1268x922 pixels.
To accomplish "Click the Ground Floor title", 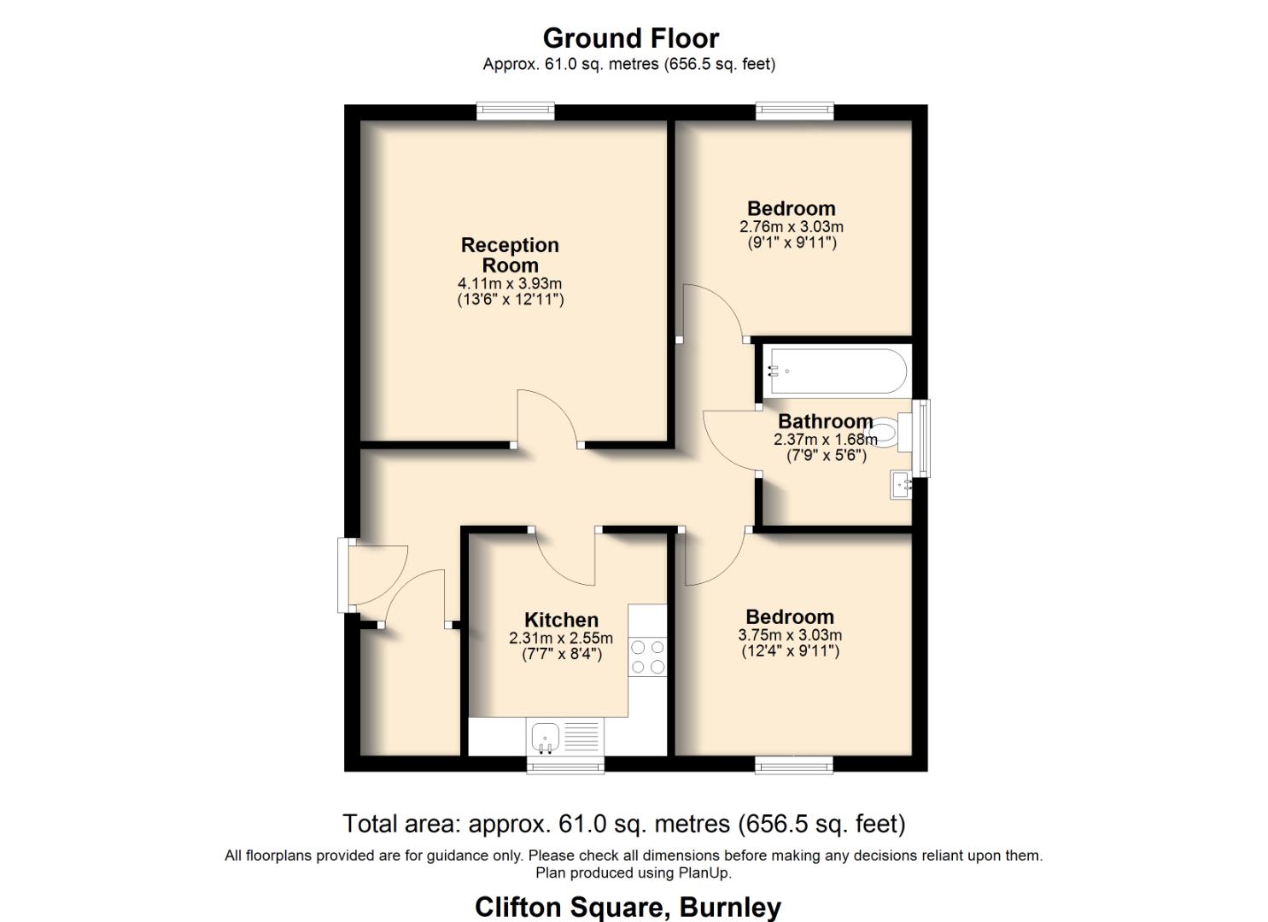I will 630,38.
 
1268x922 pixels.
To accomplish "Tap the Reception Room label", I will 510,255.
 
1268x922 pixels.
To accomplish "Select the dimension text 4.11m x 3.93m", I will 510,283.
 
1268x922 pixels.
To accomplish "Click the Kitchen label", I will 561,620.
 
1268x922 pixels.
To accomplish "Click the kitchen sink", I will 545,735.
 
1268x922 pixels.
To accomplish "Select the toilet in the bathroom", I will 889,432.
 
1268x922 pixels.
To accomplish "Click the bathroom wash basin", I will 901,485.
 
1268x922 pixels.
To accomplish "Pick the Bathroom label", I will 825,421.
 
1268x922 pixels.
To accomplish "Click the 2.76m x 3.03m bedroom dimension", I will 791,227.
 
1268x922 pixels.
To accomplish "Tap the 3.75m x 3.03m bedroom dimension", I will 789,635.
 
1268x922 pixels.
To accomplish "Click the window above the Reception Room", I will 515,111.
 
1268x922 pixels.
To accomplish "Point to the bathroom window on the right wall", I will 921,438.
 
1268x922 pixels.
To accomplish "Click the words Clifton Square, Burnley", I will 628,907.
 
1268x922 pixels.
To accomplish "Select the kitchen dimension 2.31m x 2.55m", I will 561,639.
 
